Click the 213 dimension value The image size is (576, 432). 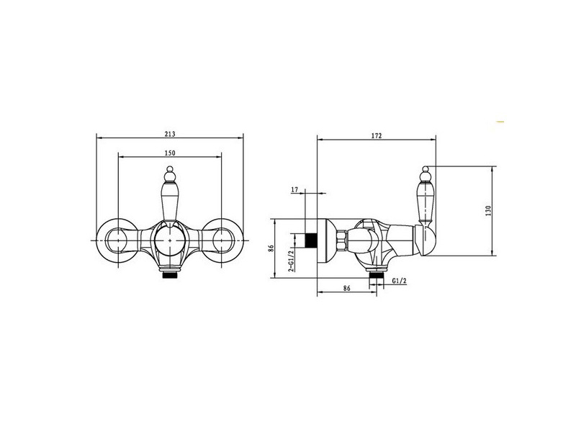point(170,134)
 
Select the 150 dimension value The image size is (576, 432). point(170,153)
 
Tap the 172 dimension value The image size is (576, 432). point(376,135)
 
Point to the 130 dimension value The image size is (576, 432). point(488,210)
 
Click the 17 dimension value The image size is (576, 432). point(294,189)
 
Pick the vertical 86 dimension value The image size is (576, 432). point(271,248)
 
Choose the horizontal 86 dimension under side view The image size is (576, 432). point(347,288)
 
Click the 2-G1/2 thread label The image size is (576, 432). point(291,259)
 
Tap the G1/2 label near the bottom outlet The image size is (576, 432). point(400,281)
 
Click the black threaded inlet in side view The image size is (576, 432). point(311,240)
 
